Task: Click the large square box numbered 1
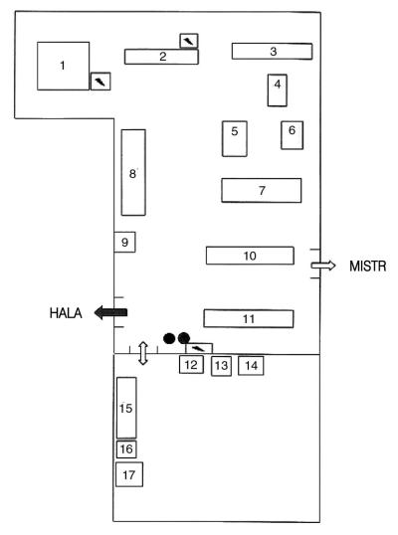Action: click(63, 66)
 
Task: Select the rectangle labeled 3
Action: click(272, 51)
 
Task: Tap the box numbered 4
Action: click(278, 90)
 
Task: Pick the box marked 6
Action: click(292, 135)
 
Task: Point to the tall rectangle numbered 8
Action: click(133, 172)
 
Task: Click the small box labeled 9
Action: click(124, 242)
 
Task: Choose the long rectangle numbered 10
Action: click(250, 256)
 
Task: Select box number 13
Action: click(221, 366)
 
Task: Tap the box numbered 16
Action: click(126, 449)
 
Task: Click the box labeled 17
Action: click(129, 474)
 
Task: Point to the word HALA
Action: click(66, 313)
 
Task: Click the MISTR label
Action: click(367, 267)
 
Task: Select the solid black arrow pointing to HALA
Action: click(110, 312)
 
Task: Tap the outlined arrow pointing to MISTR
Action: click(323, 266)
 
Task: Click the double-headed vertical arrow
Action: click(143, 353)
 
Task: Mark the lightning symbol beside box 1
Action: click(100, 82)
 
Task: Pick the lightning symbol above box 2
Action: click(189, 41)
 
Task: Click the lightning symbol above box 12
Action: click(199, 348)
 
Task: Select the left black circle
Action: click(169, 338)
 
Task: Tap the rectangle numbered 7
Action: click(261, 190)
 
